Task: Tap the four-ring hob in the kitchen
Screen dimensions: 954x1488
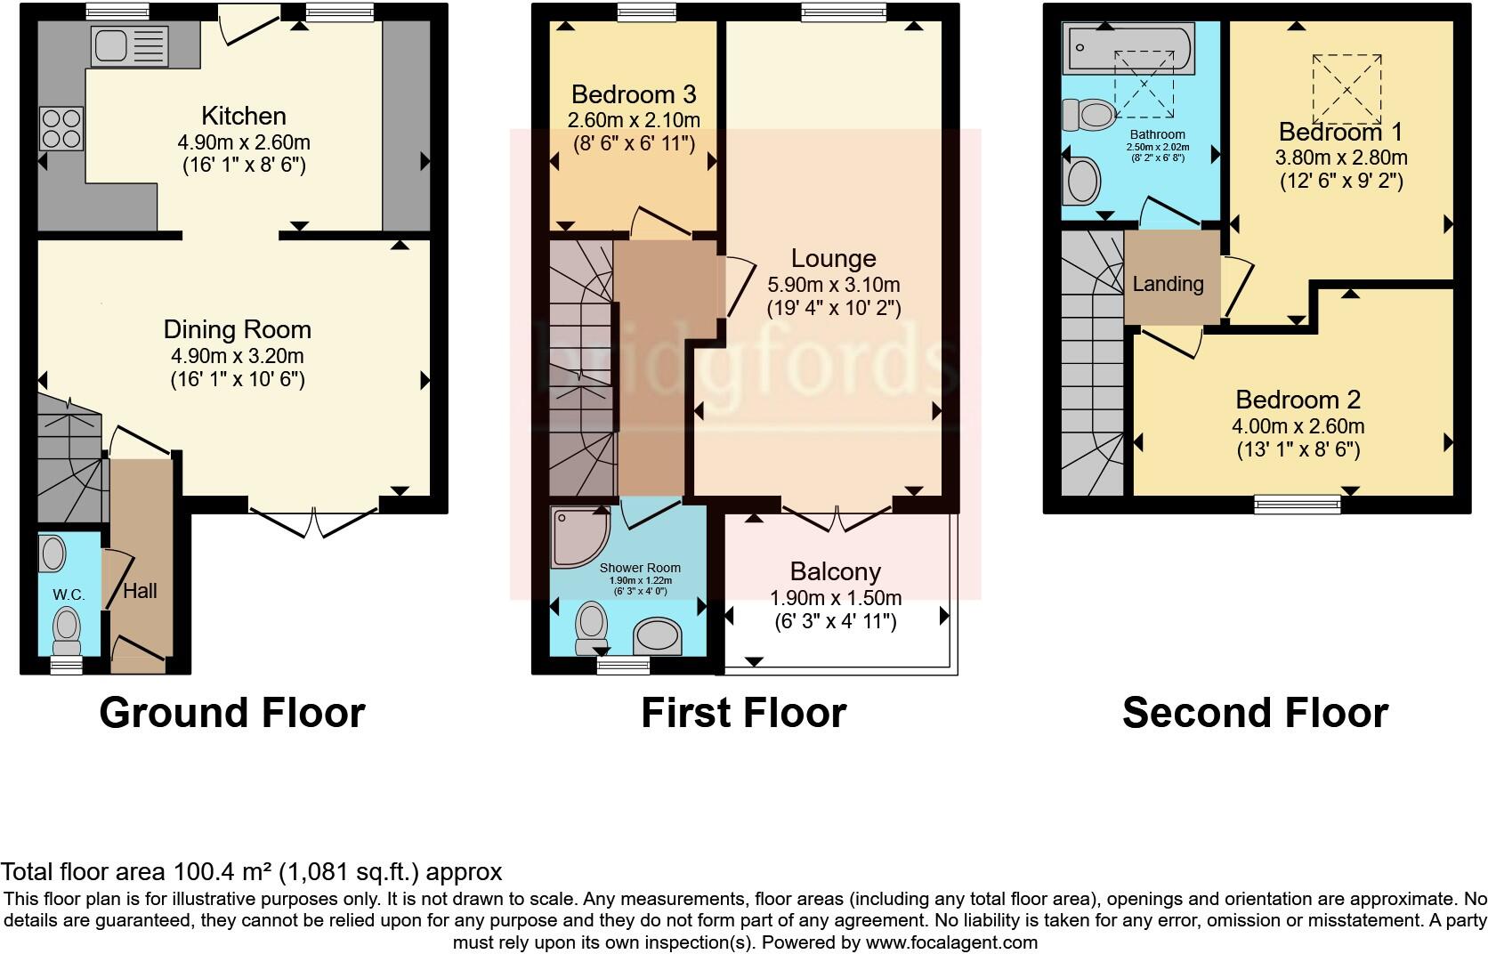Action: [x=61, y=128]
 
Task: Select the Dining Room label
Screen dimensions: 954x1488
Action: [x=238, y=330]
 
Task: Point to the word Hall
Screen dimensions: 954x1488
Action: [x=140, y=591]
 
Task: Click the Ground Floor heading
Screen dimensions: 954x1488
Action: [x=232, y=713]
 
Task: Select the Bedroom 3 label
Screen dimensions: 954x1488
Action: [x=633, y=94]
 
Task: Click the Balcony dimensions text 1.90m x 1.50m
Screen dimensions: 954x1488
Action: [x=836, y=597]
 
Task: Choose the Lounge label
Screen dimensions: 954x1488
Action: [x=834, y=259]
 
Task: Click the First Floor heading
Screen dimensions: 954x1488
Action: [x=743, y=713]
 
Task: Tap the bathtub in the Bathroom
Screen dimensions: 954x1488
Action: [x=1130, y=50]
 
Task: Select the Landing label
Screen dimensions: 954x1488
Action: [x=1168, y=284]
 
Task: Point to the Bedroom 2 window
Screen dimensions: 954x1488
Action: [x=1298, y=505]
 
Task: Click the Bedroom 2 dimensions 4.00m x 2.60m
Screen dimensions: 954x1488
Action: [x=1298, y=426]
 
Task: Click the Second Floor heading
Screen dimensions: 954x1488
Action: [x=1255, y=713]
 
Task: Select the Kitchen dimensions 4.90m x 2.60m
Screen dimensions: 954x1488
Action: [x=245, y=142]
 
